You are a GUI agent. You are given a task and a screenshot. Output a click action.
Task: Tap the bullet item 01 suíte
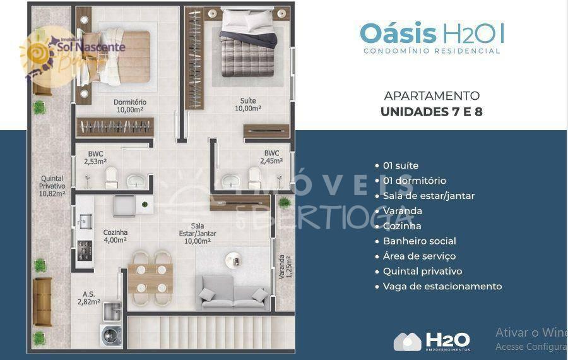click(400, 165)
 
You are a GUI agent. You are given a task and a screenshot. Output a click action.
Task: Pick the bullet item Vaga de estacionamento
click(442, 286)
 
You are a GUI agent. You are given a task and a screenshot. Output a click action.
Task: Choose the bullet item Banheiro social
click(419, 241)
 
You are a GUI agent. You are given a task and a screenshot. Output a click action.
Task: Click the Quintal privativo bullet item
click(422, 271)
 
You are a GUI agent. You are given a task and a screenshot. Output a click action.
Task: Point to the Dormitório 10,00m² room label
click(130, 105)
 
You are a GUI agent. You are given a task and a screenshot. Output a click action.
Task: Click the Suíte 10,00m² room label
click(247, 104)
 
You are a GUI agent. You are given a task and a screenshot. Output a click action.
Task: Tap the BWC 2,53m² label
click(96, 157)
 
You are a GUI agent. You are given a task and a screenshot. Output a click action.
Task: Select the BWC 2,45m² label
click(272, 157)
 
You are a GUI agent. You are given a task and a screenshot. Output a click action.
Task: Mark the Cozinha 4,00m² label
click(115, 236)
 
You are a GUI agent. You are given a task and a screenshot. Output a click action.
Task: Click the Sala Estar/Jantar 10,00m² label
click(198, 233)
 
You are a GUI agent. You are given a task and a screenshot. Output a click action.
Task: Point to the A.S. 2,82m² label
click(90, 297)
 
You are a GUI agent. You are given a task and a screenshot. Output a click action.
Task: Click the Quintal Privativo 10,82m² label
click(52, 186)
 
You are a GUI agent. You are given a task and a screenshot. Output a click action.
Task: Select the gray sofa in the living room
click(234, 292)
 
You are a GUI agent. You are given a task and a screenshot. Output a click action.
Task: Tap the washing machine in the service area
click(111, 335)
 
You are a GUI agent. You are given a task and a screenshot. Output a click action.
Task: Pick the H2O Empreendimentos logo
click(432, 341)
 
